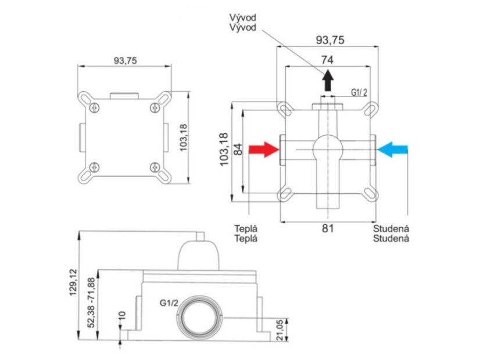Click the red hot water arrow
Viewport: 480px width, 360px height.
click(x=264, y=150)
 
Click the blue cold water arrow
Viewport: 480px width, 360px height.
click(x=392, y=150)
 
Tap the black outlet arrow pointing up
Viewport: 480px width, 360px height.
click(x=328, y=80)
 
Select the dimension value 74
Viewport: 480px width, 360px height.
click(x=327, y=60)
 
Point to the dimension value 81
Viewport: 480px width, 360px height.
click(x=328, y=228)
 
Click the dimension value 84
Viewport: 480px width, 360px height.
click(x=238, y=149)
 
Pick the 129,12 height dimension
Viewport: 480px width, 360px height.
click(x=73, y=282)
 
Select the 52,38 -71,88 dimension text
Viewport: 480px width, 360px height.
click(x=91, y=303)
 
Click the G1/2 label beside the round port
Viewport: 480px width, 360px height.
click(x=169, y=303)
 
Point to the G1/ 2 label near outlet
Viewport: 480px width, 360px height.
click(x=359, y=92)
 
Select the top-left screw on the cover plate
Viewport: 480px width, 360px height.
click(x=95, y=107)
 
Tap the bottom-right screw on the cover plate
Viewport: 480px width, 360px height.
click(x=155, y=167)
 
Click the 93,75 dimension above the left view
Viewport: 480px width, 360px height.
click(x=126, y=61)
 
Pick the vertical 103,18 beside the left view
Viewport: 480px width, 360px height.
click(x=183, y=138)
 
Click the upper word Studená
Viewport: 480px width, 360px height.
click(x=391, y=228)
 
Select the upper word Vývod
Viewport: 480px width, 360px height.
click(x=243, y=17)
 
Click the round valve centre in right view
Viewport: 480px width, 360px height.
click(x=328, y=149)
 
